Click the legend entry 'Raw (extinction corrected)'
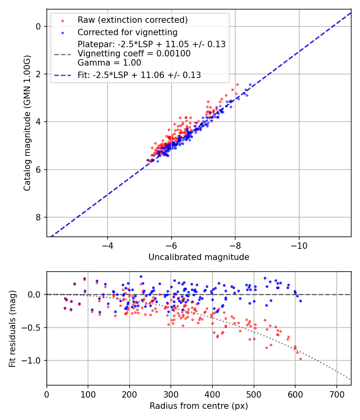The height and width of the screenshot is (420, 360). point(132,20)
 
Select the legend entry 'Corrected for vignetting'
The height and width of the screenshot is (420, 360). point(128,32)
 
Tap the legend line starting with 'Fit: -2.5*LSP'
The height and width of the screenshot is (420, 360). point(139,75)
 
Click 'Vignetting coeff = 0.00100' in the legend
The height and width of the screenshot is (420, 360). point(134,53)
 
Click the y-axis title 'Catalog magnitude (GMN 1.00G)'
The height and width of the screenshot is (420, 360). point(27,123)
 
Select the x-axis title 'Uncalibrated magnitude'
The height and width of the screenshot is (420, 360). point(199,257)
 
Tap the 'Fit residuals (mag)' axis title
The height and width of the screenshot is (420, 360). point(12,328)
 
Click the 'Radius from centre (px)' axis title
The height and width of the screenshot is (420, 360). point(199,406)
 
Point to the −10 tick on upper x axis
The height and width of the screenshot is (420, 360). point(299,245)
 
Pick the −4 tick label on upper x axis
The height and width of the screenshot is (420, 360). point(107,245)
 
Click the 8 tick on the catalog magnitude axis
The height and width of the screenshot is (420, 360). point(39,217)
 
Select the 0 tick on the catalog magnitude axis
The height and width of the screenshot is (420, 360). point(39,26)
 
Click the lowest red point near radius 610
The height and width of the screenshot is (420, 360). point(300,359)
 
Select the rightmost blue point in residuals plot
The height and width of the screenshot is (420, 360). point(300,301)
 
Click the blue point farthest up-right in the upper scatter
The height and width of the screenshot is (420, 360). point(250,85)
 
